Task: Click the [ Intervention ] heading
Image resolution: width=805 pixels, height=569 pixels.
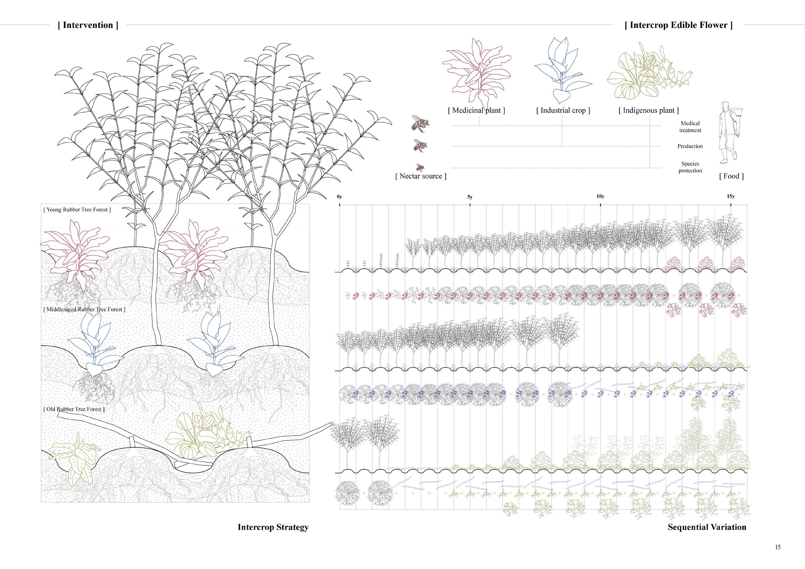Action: point(88,25)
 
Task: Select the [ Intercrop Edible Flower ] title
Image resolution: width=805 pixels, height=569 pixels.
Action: point(678,25)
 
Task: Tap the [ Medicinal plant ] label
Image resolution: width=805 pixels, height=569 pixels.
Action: point(477,110)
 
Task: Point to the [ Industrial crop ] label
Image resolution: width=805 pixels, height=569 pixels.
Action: point(563,110)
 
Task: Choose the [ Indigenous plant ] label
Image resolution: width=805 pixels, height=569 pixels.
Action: point(649,110)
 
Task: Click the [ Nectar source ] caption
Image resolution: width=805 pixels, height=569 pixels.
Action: point(421,176)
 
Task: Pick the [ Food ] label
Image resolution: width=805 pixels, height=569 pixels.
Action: point(731,176)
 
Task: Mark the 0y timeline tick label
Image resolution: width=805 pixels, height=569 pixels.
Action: point(339,197)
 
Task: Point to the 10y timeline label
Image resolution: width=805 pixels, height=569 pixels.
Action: point(600,196)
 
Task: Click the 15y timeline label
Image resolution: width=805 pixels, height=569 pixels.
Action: point(731,196)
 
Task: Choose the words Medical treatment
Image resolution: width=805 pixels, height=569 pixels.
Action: point(690,127)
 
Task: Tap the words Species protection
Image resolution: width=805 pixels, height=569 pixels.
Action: point(690,167)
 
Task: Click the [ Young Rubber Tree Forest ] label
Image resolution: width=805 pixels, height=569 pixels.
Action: point(77,210)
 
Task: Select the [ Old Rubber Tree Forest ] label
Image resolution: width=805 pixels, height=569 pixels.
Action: point(74,409)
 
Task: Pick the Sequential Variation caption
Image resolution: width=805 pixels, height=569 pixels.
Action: point(707,537)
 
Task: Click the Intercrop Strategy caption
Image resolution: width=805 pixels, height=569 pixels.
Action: point(273,537)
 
